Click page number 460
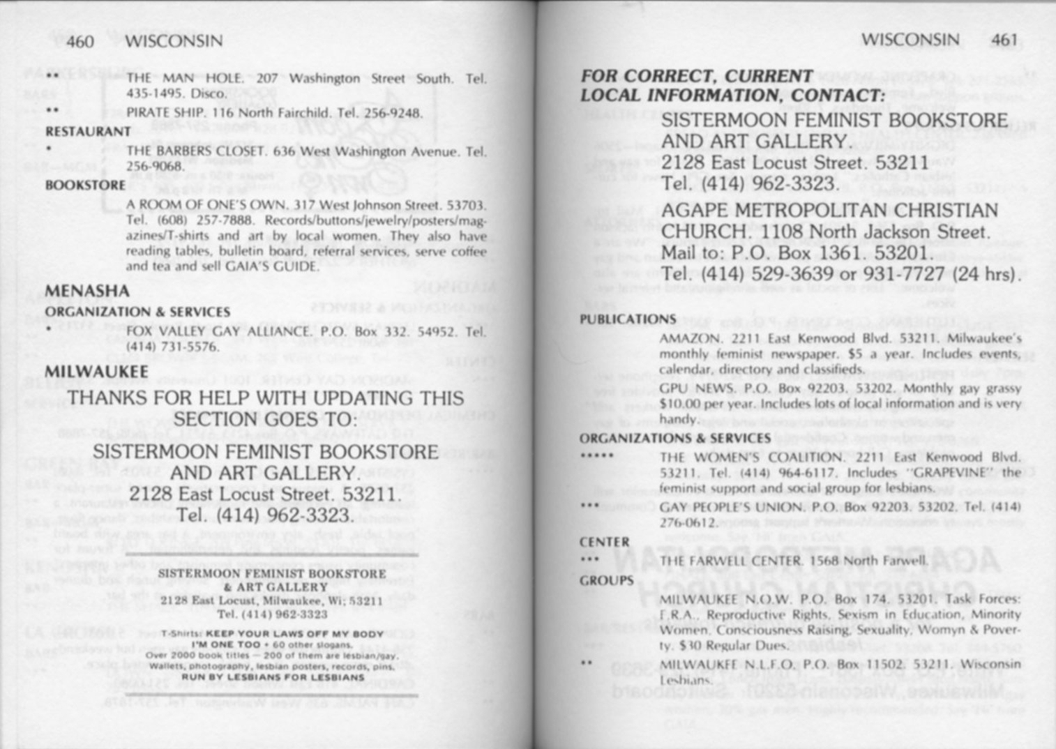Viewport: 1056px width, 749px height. tap(80, 42)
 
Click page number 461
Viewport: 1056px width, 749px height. tap(1004, 40)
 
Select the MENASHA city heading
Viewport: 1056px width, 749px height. tap(87, 291)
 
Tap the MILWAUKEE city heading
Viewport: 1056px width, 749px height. tap(96, 372)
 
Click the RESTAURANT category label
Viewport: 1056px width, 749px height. tap(88, 131)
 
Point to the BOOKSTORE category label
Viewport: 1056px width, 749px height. tap(85, 186)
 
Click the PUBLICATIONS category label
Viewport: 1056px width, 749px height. tap(627, 319)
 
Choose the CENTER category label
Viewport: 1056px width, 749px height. tap(604, 543)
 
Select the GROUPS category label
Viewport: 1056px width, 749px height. tap(606, 580)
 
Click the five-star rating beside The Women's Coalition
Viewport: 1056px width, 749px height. tap(596, 456)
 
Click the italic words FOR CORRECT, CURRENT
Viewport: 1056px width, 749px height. tap(696, 76)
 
